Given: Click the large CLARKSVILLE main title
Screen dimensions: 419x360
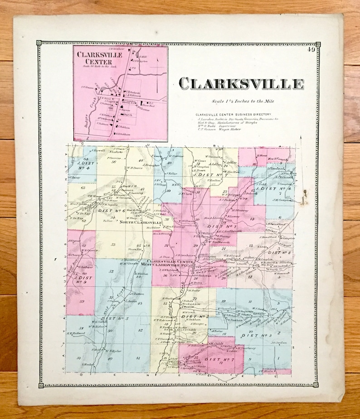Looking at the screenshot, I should [x=241, y=84].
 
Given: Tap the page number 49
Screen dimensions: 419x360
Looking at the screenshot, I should [x=311, y=50].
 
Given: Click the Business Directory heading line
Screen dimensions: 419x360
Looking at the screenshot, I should [x=234, y=115].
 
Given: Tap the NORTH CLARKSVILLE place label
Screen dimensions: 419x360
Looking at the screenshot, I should [x=141, y=222].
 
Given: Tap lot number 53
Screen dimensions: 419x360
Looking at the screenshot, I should [x=113, y=245].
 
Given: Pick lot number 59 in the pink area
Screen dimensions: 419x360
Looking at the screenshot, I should [x=82, y=301].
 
